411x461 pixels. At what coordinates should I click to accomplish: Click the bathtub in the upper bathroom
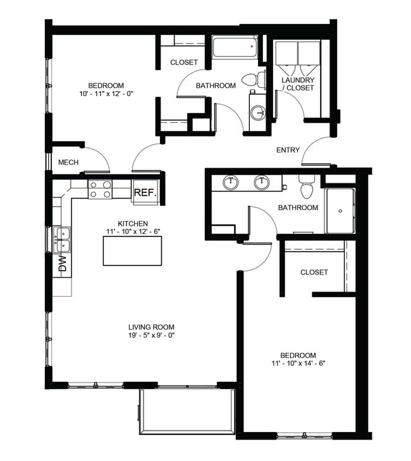(x=235, y=48)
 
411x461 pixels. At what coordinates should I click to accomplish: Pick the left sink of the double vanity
(x=231, y=183)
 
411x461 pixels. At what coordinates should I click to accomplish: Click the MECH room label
(x=68, y=163)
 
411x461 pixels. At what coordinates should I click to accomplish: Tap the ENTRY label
(x=288, y=150)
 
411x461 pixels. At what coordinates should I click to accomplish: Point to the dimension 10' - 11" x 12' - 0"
(x=106, y=94)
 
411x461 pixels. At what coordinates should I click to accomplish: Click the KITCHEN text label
(x=133, y=223)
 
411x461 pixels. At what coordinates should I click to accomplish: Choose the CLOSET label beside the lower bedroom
(x=314, y=272)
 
